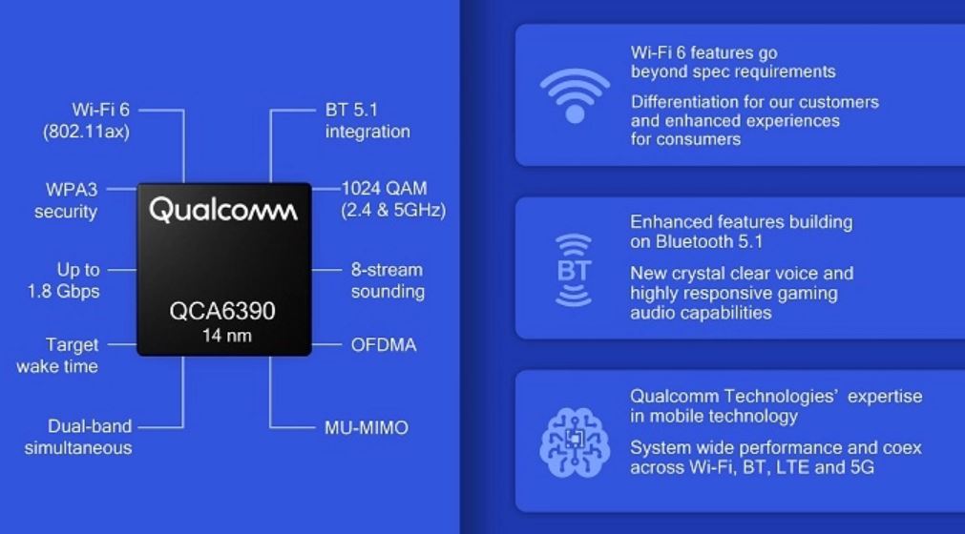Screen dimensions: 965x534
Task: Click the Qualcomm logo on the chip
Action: [x=223, y=210]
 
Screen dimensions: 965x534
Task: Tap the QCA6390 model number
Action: [x=222, y=311]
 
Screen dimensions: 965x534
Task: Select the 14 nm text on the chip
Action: [x=226, y=336]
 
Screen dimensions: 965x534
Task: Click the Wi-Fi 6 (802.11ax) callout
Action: [x=86, y=120]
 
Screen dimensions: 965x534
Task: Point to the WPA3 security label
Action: [x=66, y=200]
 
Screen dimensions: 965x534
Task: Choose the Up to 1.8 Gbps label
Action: [x=63, y=280]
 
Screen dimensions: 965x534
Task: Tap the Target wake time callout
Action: [x=57, y=355]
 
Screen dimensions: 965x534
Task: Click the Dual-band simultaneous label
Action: [x=78, y=437]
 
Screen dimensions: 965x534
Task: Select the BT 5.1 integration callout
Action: [x=367, y=120]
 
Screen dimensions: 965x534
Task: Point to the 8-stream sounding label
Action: [x=388, y=280]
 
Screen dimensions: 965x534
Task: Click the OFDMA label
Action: [x=384, y=345]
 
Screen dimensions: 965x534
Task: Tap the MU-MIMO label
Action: [x=367, y=428]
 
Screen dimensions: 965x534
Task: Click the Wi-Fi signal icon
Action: [x=575, y=96]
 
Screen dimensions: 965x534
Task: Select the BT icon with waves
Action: [x=574, y=271]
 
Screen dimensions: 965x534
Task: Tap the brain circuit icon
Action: [x=575, y=442]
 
